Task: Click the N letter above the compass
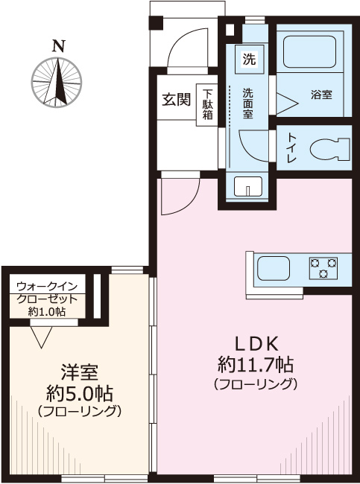tap(57, 46)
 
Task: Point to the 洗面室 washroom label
tap(248, 104)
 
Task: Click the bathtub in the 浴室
tap(312, 52)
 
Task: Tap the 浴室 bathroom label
tap(321, 95)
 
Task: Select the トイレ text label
tap(289, 149)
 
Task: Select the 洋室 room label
tap(80, 371)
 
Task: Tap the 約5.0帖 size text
tap(79, 392)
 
